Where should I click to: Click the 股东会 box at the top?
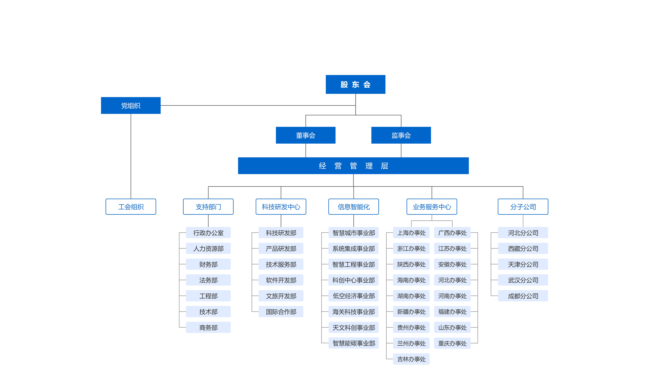[355, 84]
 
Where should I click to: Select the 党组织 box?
[131, 105]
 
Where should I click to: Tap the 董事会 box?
[306, 135]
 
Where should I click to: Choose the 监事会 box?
[401, 135]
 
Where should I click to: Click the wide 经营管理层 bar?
[353, 166]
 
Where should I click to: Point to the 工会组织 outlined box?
[131, 207]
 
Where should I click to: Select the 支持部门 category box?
[208, 207]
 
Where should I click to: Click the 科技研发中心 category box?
[281, 207]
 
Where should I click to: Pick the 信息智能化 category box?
[354, 207]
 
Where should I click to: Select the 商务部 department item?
[208, 327]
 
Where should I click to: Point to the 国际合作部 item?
[281, 312]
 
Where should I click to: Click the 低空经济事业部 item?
[354, 296]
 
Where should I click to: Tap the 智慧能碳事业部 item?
[354, 343]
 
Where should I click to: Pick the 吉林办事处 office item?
[411, 359]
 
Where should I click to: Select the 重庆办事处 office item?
[452, 343]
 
